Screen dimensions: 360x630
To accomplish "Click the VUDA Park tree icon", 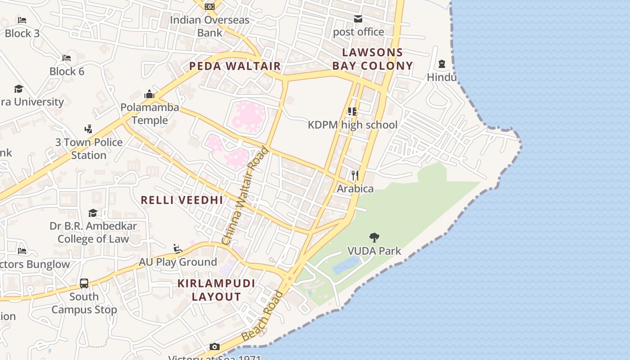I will tap(374, 237).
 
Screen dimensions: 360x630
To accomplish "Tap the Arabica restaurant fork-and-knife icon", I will tap(355, 175).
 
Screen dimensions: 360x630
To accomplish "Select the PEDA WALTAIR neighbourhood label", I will tap(235, 66).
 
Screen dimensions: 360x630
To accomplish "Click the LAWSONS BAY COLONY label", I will tap(373, 59).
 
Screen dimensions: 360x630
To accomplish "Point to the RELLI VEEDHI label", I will tap(182, 200).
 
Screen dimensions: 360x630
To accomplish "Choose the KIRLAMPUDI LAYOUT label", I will tap(216, 290).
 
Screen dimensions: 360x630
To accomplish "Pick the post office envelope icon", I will tap(358, 19).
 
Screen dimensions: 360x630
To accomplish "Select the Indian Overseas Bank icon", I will tap(209, 7).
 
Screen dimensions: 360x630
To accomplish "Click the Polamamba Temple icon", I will tap(149, 94).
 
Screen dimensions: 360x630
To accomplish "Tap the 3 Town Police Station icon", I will tap(89, 129).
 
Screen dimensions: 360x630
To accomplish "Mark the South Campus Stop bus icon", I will tap(84, 283).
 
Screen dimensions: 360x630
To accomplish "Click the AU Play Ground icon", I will tap(178, 248).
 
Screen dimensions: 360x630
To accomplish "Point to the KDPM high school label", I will tap(352, 125).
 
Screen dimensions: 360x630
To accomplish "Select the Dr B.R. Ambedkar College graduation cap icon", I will tap(93, 213).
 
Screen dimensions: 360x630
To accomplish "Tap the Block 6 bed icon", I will tap(67, 58).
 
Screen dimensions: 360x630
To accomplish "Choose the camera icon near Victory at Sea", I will tap(215, 346).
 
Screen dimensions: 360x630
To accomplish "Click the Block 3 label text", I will tap(22, 33).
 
